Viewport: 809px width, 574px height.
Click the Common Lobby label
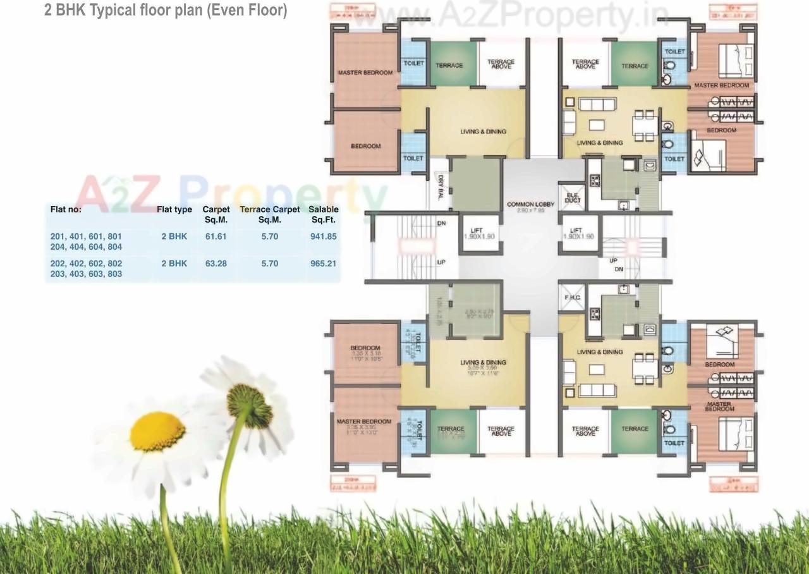tap(530, 205)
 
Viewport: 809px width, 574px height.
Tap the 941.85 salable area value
tap(323, 236)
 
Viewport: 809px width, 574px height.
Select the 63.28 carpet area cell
tap(216, 263)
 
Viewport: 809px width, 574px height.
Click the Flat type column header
tap(174, 209)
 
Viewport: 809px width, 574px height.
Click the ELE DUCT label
tap(573, 197)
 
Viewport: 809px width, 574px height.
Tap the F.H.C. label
tap(573, 296)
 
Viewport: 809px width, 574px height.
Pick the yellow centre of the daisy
tap(157, 432)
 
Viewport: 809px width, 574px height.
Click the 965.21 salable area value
tap(323, 263)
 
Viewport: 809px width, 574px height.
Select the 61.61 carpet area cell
tap(216, 236)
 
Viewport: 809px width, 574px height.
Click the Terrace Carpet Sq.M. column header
tap(270, 214)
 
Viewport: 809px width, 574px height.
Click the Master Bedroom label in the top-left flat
tap(365, 73)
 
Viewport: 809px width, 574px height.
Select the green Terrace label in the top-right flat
tap(635, 66)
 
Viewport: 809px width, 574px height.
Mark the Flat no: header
tap(66, 209)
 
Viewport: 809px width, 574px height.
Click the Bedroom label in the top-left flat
tap(366, 146)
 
